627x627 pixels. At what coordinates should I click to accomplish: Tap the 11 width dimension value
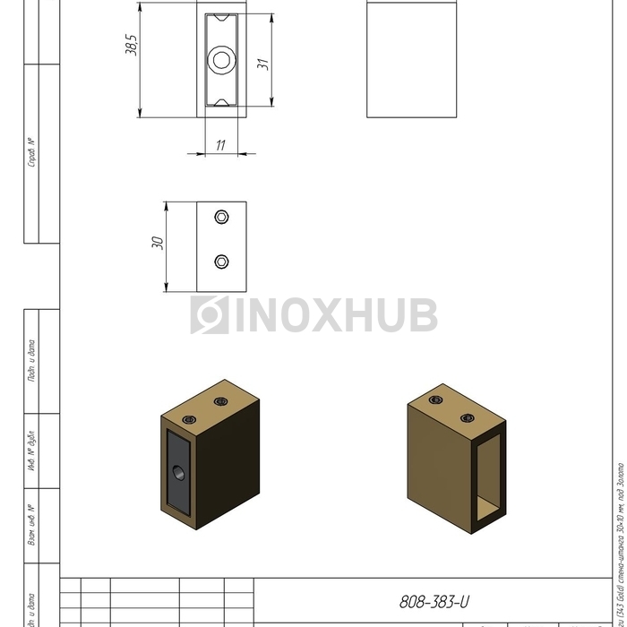(220, 144)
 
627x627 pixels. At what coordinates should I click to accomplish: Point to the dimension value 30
(158, 244)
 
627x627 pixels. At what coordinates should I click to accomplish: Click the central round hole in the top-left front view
(219, 60)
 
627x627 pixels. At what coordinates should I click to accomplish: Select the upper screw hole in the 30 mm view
(221, 217)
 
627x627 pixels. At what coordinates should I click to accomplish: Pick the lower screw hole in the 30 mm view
(221, 262)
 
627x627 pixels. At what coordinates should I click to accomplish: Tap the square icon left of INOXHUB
(209, 315)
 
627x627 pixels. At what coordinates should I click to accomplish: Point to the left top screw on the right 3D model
(436, 399)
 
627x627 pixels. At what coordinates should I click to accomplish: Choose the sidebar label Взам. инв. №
(31, 526)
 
